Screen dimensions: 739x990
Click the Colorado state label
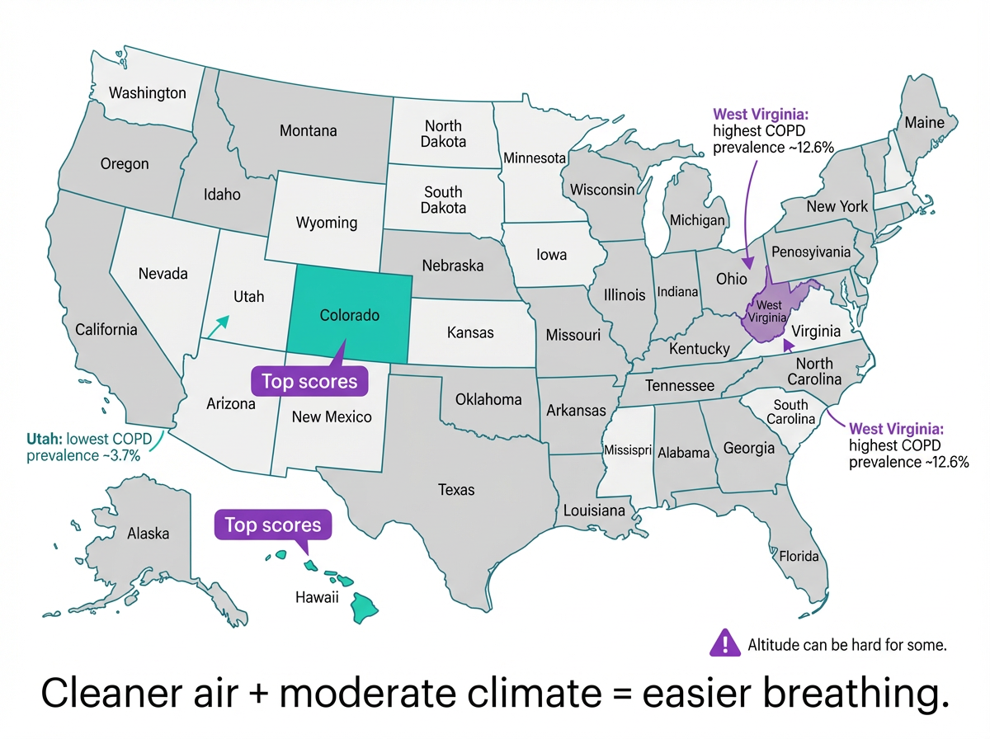(x=349, y=316)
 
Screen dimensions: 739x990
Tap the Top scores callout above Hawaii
(x=273, y=525)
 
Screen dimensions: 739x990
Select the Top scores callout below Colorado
(x=309, y=381)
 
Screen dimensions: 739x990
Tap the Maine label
(x=924, y=122)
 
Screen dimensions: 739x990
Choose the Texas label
(x=456, y=490)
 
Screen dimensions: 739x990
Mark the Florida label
(x=799, y=556)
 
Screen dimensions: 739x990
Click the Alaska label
(x=148, y=534)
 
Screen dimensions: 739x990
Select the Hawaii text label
(x=317, y=598)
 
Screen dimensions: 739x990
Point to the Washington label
(x=148, y=92)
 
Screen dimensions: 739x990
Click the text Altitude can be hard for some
(x=846, y=645)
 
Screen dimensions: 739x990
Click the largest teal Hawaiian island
(x=365, y=609)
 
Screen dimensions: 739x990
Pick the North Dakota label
(x=444, y=134)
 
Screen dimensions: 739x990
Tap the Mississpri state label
(x=628, y=450)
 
